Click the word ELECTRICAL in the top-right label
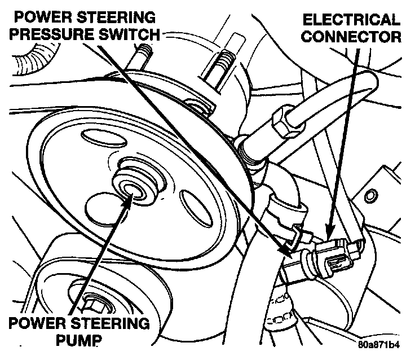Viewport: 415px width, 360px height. tap(351, 20)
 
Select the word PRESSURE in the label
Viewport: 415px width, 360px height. tap(58, 35)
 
